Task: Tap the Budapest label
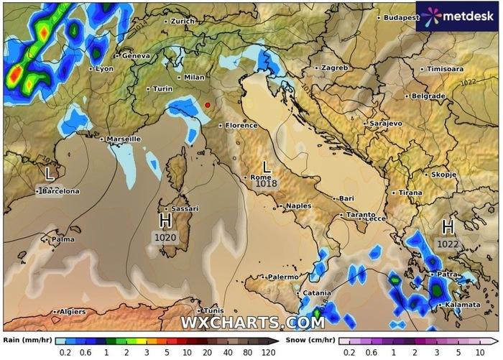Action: (x=400, y=17)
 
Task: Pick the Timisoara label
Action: (x=445, y=69)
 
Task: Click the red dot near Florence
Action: (x=208, y=105)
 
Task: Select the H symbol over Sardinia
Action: (x=165, y=220)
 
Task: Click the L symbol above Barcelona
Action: (x=50, y=173)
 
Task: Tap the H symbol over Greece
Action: (x=448, y=227)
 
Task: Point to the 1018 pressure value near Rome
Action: (x=266, y=185)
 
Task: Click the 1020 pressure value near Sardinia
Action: (x=165, y=236)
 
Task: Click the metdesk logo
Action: (x=458, y=15)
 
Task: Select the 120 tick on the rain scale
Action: (x=269, y=352)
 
